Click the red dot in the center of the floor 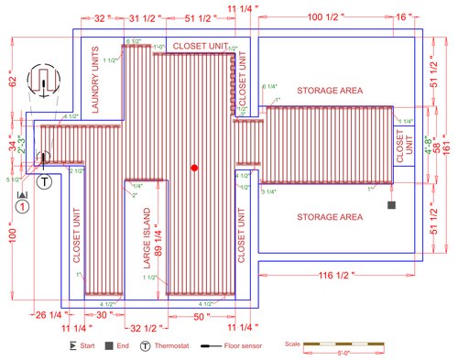pyautogui.click(x=194, y=168)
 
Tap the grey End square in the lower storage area pyautogui.click(x=390, y=203)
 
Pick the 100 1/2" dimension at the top pyautogui.click(x=328, y=17)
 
